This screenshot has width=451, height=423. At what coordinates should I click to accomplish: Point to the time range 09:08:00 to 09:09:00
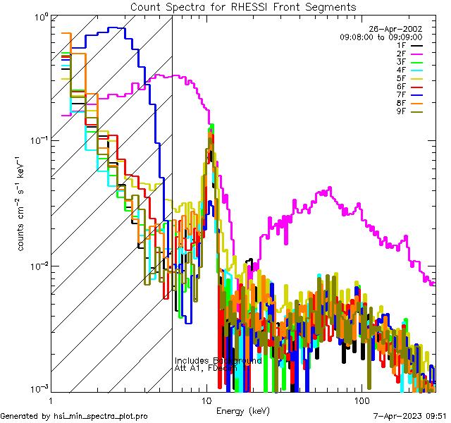click(x=381, y=37)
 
